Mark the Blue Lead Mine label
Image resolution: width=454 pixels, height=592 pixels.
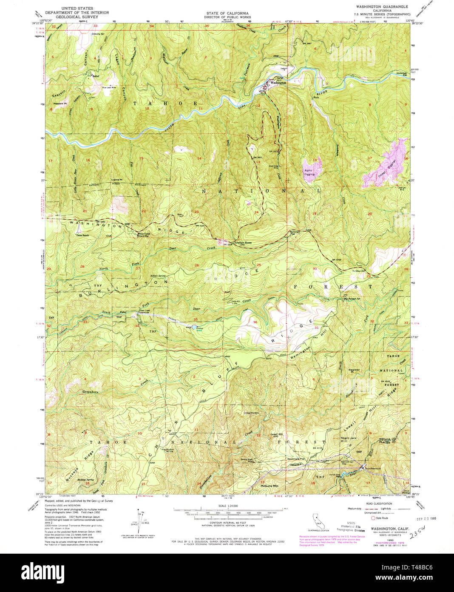click(109, 88)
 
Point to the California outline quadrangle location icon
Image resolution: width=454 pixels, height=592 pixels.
click(318, 520)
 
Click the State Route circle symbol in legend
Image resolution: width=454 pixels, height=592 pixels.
click(374, 518)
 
